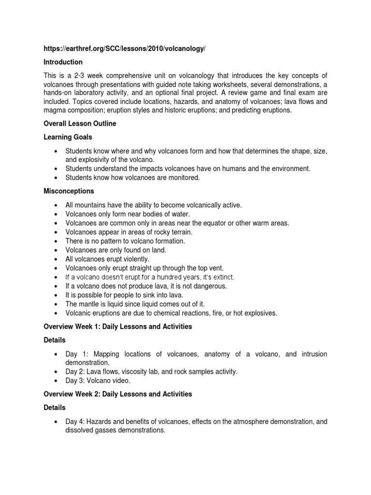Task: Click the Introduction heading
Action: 63,62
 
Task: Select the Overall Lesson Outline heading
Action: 80,124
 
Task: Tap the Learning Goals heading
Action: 68,138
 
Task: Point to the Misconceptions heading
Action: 69,191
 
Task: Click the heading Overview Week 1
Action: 118,327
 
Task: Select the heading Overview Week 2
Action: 118,394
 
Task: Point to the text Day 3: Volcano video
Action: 98,380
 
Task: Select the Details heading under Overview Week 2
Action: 55,408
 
